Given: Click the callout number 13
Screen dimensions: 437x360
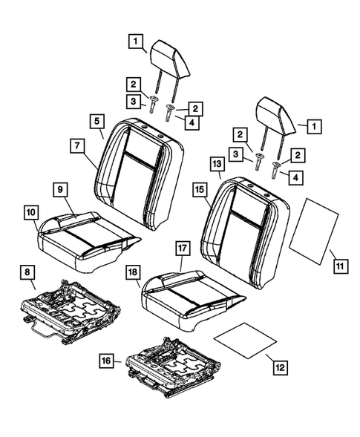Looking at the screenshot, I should tap(216, 164).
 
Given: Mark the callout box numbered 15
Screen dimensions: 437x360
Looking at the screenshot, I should tap(200, 190).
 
